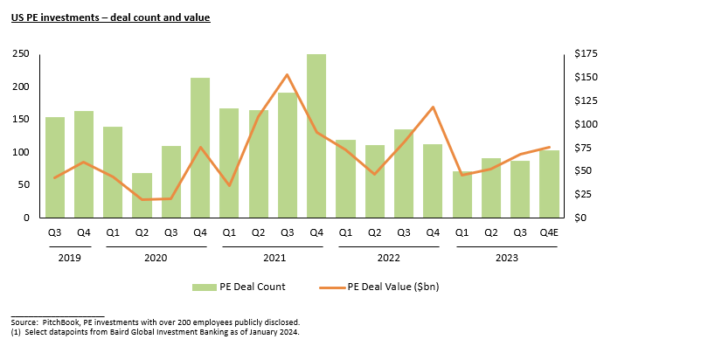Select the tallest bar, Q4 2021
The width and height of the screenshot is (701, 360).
coord(316,135)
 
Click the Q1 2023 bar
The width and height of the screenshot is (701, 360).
coord(462,194)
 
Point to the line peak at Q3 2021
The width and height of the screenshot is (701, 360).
coord(288,75)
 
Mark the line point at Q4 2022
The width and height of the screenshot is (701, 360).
coord(433,107)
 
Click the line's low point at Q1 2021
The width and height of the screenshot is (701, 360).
coord(229,185)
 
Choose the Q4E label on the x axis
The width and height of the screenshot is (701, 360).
coord(549,232)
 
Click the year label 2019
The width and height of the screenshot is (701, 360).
coord(69,258)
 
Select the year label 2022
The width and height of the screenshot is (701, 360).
coord(389,258)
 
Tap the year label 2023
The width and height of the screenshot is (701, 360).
coord(506,258)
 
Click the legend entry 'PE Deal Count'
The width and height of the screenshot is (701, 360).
coord(252,287)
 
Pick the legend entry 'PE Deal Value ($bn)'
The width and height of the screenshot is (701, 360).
coord(397,287)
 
